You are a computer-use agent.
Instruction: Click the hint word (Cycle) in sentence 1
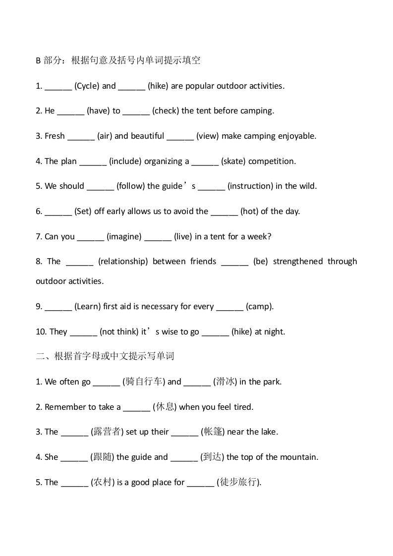[x=87, y=86]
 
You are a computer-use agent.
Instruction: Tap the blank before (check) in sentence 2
[x=136, y=111]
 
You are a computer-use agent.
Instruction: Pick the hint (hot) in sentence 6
[x=249, y=211]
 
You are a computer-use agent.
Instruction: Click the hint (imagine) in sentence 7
[x=124, y=236]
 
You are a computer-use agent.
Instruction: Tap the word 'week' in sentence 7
[x=260, y=236]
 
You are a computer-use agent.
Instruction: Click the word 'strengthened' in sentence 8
[x=298, y=261]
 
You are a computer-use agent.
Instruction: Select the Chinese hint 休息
[x=165, y=407]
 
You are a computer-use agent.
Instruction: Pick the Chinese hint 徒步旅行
[x=238, y=482]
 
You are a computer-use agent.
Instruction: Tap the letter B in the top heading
[x=38, y=61]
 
